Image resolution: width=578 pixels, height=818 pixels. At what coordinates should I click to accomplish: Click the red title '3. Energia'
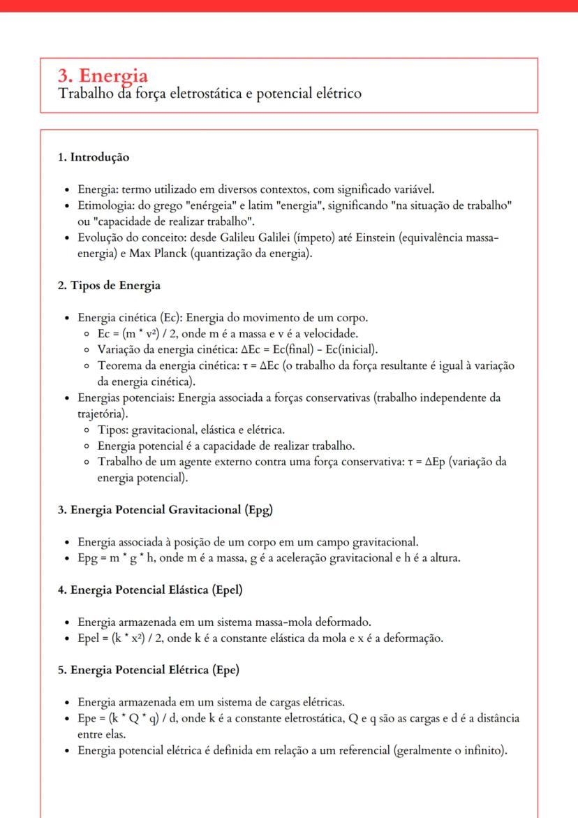coord(103,75)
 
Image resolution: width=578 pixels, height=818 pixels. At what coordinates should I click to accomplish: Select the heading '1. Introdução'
coord(93,157)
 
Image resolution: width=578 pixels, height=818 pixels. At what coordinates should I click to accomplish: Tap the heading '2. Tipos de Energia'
coord(109,285)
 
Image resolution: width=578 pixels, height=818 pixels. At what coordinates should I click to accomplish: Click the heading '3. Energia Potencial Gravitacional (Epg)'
coord(165,509)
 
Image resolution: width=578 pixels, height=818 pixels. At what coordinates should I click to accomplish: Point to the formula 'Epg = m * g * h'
coord(114,558)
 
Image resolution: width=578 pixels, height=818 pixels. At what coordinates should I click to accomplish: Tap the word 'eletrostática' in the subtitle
coord(193,93)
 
